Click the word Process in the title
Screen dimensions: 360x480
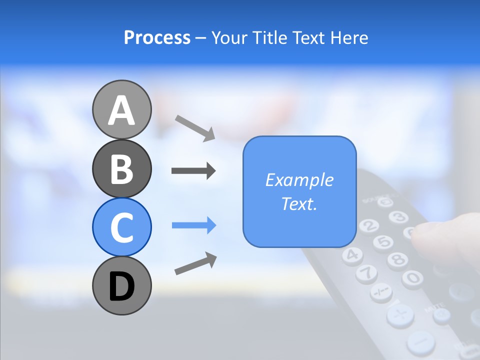[x=157, y=38]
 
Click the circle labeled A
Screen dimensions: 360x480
[x=122, y=109]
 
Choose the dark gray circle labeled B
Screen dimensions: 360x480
[x=122, y=168]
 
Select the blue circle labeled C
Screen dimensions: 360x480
[x=122, y=227]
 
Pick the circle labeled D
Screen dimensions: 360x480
[x=122, y=285]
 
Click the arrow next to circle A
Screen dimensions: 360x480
[x=195, y=127]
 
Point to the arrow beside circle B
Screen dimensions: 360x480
[x=193, y=171]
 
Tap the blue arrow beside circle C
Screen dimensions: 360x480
[x=194, y=225]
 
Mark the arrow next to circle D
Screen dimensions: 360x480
[x=195, y=263]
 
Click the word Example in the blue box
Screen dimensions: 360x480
[x=299, y=180]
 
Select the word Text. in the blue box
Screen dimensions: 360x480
[x=299, y=204]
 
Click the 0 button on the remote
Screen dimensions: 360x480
[x=412, y=278]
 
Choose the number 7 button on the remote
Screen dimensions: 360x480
[x=366, y=273]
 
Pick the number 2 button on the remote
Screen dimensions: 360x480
[x=368, y=225]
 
